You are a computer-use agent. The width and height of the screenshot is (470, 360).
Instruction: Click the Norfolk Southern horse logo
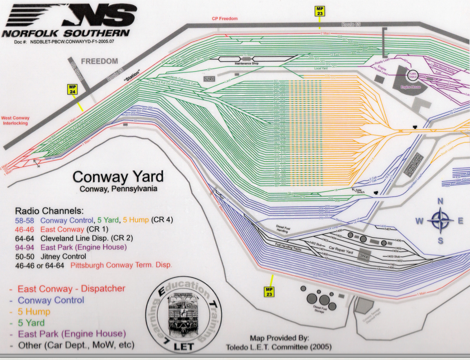coord(71,16)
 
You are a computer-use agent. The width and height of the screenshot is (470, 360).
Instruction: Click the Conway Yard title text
coord(118,177)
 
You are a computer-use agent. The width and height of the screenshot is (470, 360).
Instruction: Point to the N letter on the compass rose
coord(440,201)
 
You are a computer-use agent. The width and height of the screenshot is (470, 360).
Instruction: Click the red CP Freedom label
coord(225,18)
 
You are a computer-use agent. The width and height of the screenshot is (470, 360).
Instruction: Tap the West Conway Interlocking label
coord(15,120)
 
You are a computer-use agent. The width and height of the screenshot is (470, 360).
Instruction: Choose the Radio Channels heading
coord(49,210)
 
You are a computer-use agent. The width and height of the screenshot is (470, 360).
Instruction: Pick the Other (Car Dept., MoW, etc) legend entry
coord(75,345)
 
